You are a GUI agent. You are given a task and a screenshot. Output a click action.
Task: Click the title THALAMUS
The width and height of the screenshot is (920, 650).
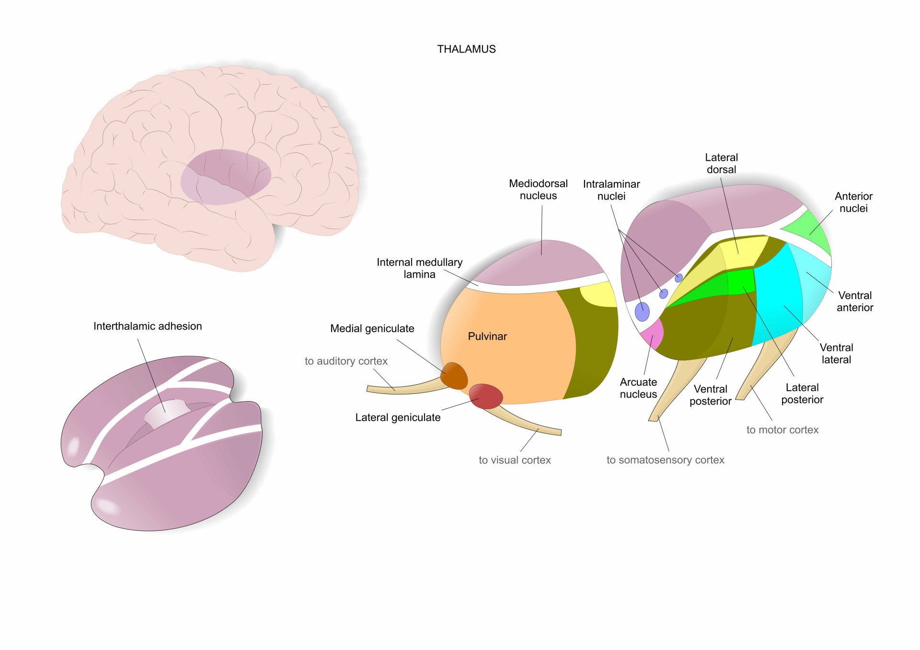(466, 49)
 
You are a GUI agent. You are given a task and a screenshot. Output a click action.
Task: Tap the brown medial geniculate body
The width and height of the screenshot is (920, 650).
(454, 376)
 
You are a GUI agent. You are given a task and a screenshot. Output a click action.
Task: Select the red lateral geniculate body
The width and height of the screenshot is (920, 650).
(486, 396)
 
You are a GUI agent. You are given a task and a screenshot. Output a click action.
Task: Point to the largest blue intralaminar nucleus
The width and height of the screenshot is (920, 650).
(642, 312)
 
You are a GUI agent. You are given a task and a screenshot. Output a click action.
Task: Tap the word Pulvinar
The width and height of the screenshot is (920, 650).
(487, 336)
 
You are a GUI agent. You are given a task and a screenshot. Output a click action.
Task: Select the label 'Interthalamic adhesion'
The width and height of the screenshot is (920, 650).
(148, 326)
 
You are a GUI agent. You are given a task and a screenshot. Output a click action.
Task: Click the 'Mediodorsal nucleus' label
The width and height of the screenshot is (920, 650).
(538, 190)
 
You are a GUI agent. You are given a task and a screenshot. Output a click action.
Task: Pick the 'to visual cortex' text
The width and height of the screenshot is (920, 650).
(515, 460)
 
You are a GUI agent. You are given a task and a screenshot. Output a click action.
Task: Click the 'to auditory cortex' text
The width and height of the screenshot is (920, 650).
(346, 361)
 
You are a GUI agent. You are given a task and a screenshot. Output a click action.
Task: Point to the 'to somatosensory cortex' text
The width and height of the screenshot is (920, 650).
(665, 460)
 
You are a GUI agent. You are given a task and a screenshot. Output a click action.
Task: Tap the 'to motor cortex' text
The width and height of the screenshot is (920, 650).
(782, 430)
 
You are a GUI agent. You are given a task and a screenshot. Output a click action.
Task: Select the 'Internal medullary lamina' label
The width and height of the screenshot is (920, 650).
(419, 268)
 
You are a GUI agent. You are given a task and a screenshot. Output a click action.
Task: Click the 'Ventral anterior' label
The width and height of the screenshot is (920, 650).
(855, 302)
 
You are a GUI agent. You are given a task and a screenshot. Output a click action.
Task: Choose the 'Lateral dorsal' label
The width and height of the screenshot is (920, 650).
(721, 163)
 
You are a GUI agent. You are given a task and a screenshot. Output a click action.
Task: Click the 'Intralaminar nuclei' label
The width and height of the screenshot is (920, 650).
(611, 190)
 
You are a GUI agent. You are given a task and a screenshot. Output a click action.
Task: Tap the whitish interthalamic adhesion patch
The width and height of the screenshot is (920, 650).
(167, 413)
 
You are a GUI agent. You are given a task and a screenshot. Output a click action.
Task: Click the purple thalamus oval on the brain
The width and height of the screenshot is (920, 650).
(225, 177)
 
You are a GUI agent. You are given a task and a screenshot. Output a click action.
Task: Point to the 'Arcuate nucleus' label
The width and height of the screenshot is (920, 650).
(638, 388)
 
